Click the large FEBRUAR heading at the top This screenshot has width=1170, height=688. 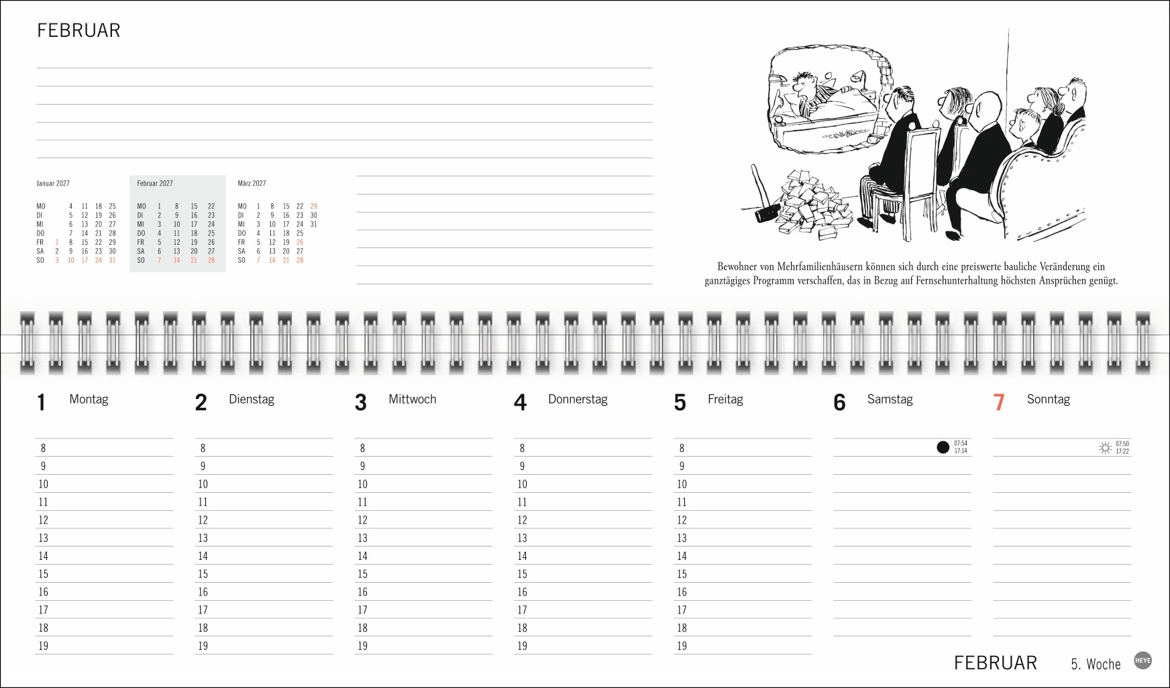pos(78,31)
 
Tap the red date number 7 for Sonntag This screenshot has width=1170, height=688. pos(998,402)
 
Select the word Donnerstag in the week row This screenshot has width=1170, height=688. pos(578,400)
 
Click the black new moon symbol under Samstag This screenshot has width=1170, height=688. pos(943,447)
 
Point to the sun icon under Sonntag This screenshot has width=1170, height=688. pos(1105,447)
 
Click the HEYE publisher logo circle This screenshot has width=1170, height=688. pos(1142,661)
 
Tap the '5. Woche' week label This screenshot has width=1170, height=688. pos(1096,664)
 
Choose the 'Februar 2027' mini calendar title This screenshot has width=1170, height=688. pos(155,184)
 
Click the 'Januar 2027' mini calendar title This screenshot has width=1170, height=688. pos(53,184)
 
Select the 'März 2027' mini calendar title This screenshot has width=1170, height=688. pos(252,184)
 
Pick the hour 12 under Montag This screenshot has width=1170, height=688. pos(43,520)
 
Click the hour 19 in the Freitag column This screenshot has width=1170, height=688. pos(682,646)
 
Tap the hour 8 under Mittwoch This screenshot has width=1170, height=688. pos(362,449)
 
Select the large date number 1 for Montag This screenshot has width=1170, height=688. pos(42,402)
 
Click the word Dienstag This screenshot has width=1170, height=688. pos(252,400)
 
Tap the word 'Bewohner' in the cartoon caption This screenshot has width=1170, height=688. pos(737,267)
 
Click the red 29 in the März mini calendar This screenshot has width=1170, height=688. pos(313,207)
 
